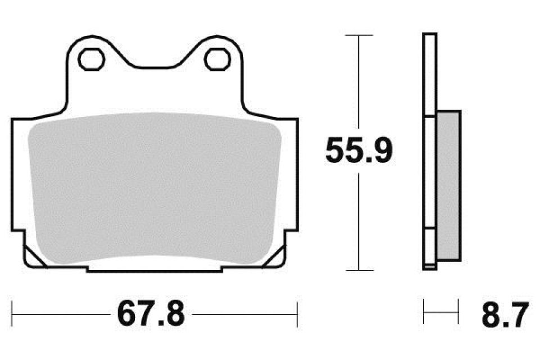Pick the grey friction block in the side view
[x=448, y=186]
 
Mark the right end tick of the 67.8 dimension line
[x=297, y=313]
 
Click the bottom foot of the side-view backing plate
[x=430, y=267]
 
